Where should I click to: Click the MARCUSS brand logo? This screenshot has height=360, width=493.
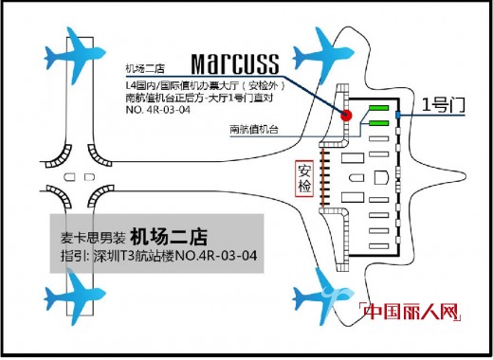coord(234,63)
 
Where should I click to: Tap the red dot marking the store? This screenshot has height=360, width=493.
coord(347,116)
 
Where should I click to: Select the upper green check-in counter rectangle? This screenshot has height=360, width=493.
coord(379,107)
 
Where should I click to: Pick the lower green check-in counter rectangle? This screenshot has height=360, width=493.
coord(379,122)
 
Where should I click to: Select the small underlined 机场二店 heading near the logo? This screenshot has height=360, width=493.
coord(147,69)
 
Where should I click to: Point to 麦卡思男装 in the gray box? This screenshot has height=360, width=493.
coord(90,236)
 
